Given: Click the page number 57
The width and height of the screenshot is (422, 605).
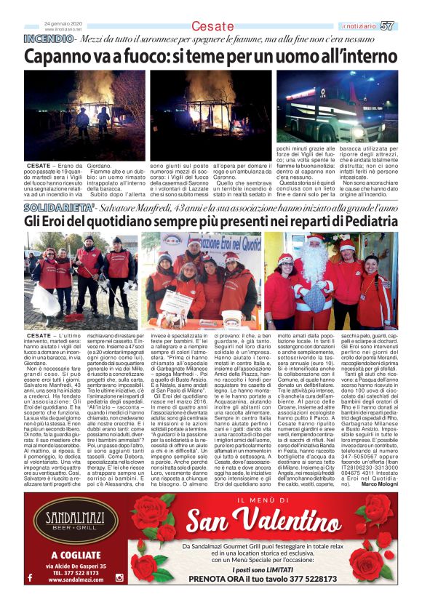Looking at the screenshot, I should pos(387,25).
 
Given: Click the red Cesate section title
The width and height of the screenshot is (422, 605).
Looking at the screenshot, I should pos(212,26).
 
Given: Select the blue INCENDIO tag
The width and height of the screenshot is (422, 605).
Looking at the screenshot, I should pos(49,38).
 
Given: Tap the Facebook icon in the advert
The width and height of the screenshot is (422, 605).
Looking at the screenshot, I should pos(30,577).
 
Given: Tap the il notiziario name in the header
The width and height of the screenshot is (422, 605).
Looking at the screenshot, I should pos(359,26).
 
